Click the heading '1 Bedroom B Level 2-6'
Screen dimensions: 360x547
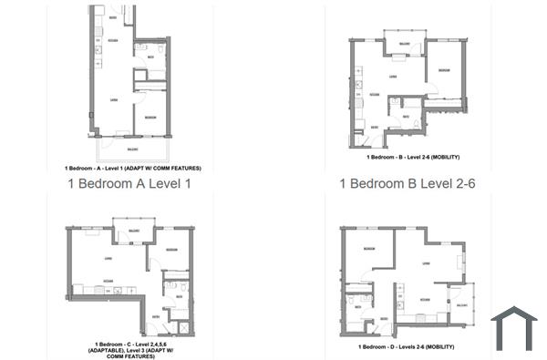tap(408, 184)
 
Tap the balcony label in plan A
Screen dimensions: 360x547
tap(132, 149)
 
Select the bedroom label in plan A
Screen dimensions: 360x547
tap(150, 118)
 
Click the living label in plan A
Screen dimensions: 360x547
tap(114, 99)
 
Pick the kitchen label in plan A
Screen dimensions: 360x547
tap(113, 41)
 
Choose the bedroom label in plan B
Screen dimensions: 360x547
tap(443, 70)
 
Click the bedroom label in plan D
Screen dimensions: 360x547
tap(368, 248)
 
